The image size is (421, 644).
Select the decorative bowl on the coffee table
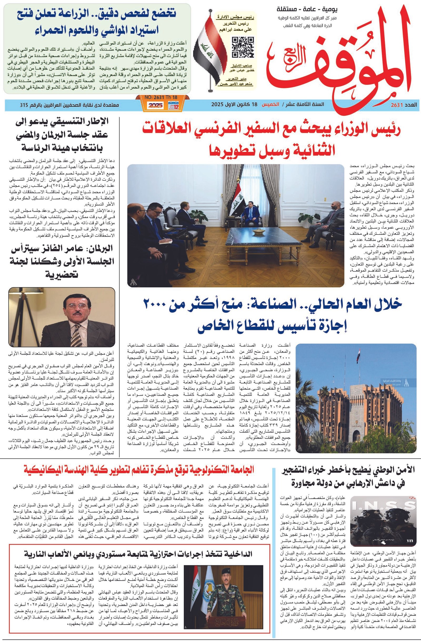[259, 232]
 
